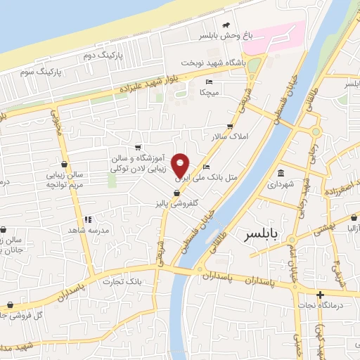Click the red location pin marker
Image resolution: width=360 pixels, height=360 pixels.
click(x=181, y=165)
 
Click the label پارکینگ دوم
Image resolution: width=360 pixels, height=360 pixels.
click(x=103, y=54)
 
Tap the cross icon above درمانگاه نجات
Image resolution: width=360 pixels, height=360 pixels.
click(x=321, y=295)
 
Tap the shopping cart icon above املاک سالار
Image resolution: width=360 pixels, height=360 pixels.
click(x=230, y=126)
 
